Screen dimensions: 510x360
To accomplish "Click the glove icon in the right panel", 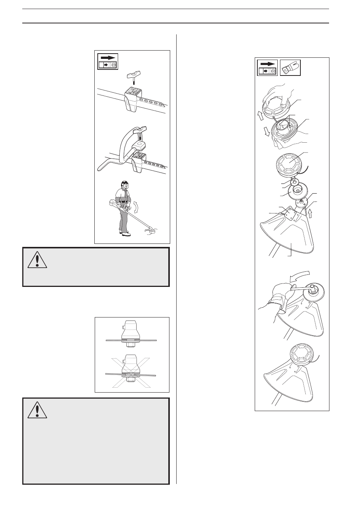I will tap(290, 68).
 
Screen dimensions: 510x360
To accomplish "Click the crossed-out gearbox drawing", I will tap(131, 372).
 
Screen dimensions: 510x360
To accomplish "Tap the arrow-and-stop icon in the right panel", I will tap(267, 68).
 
